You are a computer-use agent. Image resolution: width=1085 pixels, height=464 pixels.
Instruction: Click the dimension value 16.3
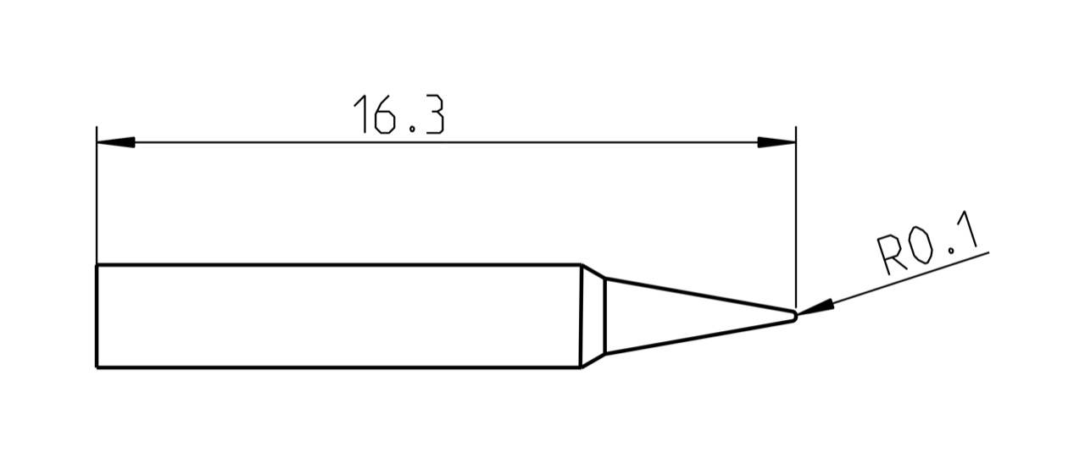point(398,115)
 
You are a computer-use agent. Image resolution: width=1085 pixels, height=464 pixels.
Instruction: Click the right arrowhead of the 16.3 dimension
point(776,142)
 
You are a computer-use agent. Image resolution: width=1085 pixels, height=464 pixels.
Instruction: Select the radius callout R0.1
point(927,244)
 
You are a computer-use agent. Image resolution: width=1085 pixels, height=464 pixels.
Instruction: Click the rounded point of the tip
point(795,316)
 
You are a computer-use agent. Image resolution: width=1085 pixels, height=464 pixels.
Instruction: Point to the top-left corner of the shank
point(97,265)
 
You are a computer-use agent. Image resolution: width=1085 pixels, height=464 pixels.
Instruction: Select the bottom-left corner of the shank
point(97,367)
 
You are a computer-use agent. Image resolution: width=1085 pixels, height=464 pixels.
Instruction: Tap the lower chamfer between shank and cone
point(593,360)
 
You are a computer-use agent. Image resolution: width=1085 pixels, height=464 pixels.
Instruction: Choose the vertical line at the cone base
point(605,316)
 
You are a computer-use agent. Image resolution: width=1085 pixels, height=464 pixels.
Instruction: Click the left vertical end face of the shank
point(97,316)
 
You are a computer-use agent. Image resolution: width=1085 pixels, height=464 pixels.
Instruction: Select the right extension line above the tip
point(796,220)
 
